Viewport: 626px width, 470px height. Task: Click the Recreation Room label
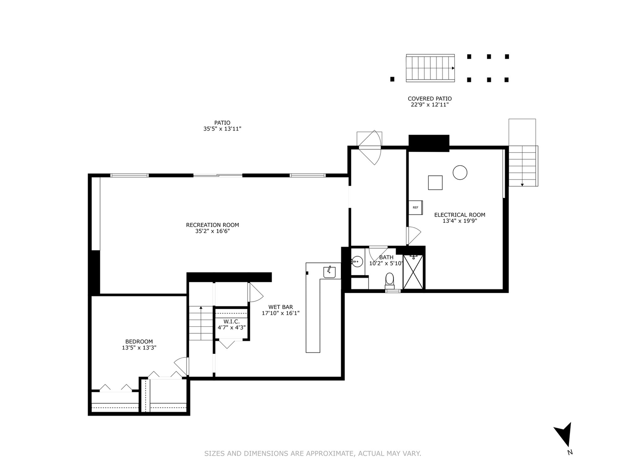click(x=212, y=225)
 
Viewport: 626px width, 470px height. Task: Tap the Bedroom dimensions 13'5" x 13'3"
click(x=139, y=348)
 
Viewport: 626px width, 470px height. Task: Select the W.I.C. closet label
click(x=231, y=322)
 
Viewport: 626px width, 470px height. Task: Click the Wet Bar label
click(x=280, y=307)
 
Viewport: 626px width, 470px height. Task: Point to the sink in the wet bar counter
click(x=329, y=272)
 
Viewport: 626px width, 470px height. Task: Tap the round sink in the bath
click(x=357, y=262)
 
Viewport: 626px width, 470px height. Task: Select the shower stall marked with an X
click(x=413, y=272)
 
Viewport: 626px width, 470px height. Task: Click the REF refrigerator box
click(x=415, y=208)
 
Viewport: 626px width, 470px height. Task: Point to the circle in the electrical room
click(x=460, y=172)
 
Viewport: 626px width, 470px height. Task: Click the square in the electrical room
click(x=435, y=182)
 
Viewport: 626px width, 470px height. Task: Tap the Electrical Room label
click(x=460, y=215)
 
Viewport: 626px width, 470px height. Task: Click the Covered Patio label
click(x=430, y=99)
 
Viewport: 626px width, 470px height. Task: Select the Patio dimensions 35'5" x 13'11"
click(x=222, y=129)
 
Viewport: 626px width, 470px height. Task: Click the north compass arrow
click(x=564, y=434)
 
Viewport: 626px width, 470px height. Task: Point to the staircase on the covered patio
click(x=430, y=68)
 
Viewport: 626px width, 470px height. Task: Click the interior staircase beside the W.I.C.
click(x=200, y=323)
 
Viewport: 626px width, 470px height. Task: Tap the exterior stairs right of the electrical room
click(x=523, y=166)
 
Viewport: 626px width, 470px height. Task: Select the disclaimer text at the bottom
click(x=313, y=453)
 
